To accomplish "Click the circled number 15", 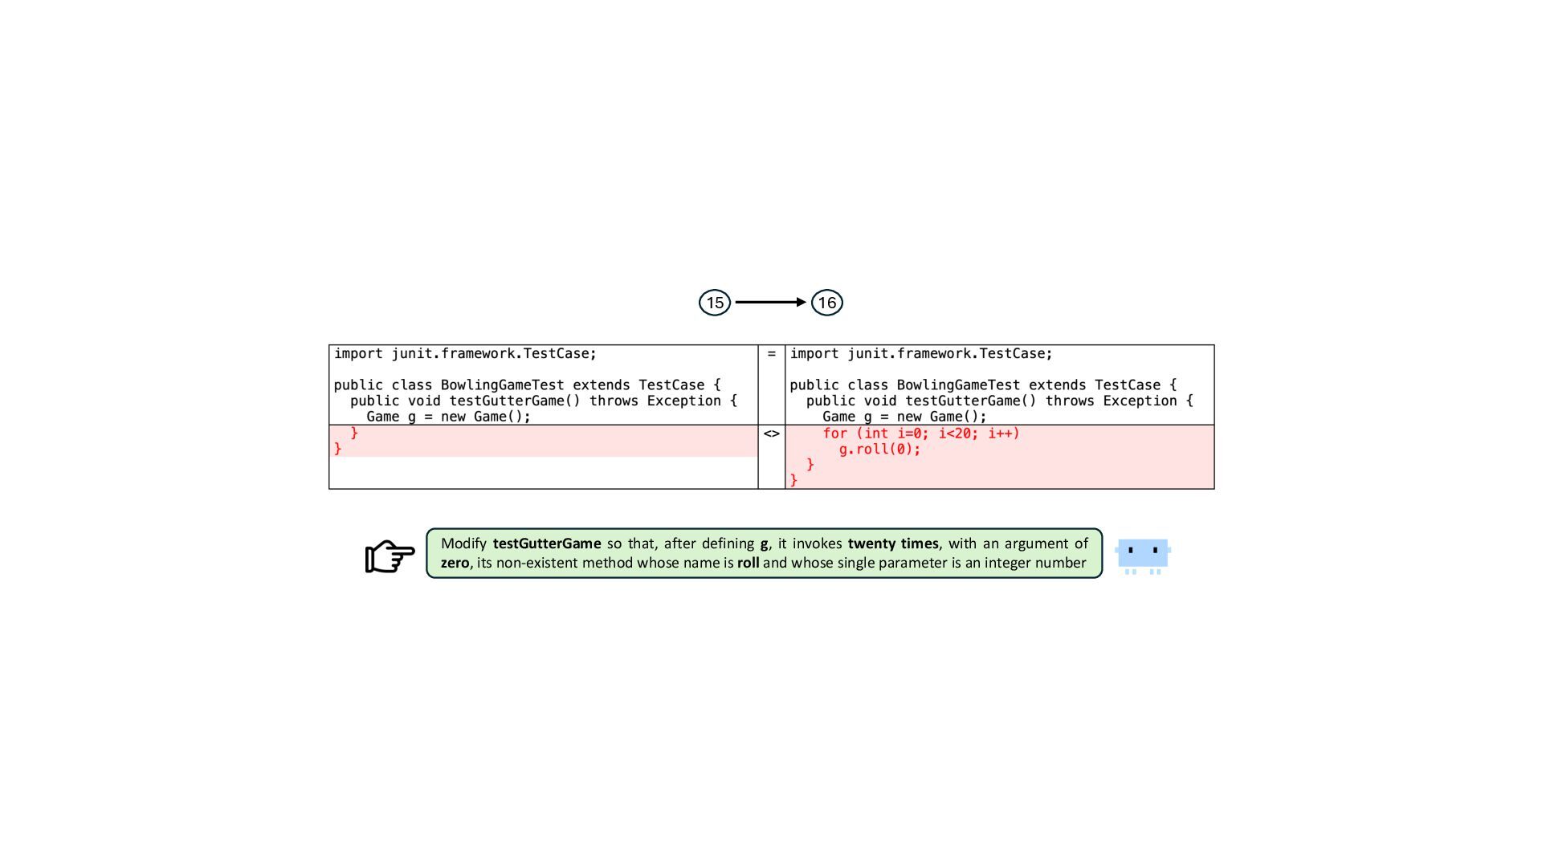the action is tap(715, 303).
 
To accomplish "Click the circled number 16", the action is tap(826, 303).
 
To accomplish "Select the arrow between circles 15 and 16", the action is tap(770, 303).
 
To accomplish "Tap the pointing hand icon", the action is tap(390, 556).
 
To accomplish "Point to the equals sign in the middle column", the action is tap(771, 354).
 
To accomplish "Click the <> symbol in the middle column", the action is tap(771, 433).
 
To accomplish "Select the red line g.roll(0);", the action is tap(879, 450).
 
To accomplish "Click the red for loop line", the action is tap(920, 433).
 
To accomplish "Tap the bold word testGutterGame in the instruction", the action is tap(547, 543).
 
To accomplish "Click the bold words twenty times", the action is tap(893, 543).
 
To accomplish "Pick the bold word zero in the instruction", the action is tap(455, 563).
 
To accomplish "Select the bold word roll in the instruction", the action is tap(748, 563).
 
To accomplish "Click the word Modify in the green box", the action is tap(463, 543).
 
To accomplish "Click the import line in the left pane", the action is tap(465, 354).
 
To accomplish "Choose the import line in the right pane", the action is tap(920, 354).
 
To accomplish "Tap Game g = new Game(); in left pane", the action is tap(448, 417).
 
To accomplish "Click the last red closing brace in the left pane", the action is tap(338, 449).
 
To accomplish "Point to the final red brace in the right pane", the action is tap(793, 480).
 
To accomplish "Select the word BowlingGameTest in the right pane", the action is tap(958, 385).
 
